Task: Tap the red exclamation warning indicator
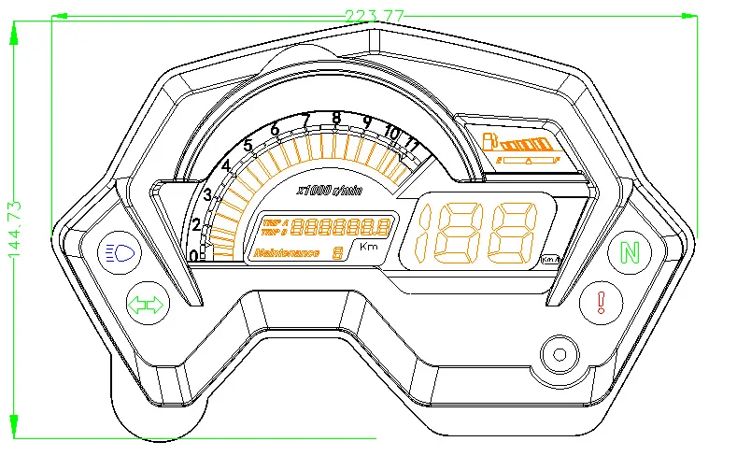coord(602,302)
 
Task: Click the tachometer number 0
coord(193,256)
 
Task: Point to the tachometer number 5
coord(248,145)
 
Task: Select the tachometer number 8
coord(336,118)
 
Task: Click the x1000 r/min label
coord(329,191)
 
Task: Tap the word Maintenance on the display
coord(286,253)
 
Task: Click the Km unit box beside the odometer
coord(369,247)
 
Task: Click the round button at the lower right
coord(560,354)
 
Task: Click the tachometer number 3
coord(207,195)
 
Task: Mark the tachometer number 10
coord(391,133)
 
